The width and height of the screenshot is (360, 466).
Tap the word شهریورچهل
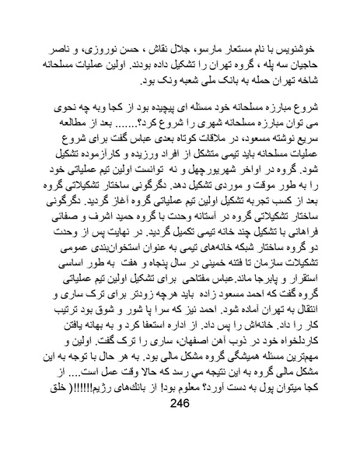[x=208, y=173]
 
